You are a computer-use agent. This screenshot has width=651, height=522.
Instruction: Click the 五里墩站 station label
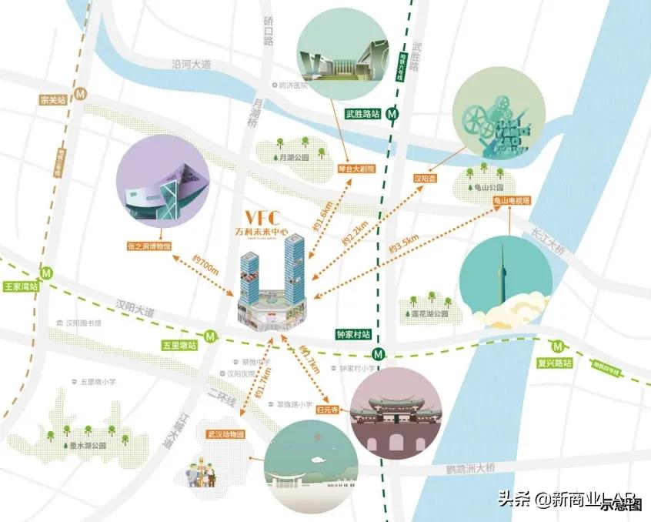[179, 345]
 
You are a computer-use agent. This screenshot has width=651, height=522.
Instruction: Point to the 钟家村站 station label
[353, 335]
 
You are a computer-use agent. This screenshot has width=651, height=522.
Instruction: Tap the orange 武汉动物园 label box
[225, 434]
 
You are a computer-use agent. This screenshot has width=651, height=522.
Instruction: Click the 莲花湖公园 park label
[429, 314]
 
